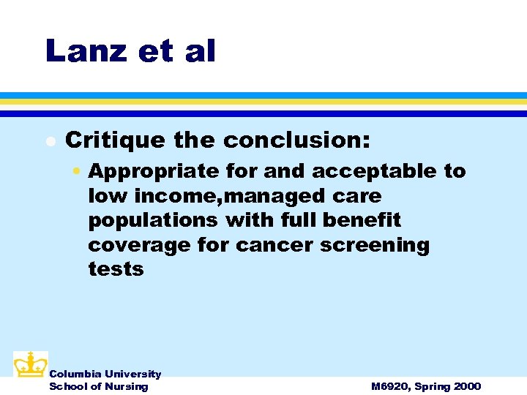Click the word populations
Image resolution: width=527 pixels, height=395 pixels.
pos(153,220)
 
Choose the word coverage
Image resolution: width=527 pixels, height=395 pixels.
pos(140,244)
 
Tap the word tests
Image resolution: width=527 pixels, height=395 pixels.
pos(116,269)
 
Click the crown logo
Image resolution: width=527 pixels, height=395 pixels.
pos(30,364)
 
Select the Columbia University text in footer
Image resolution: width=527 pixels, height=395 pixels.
pos(105,374)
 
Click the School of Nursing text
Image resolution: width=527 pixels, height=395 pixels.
pos(98,386)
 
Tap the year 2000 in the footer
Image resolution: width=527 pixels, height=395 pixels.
pos(466,386)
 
